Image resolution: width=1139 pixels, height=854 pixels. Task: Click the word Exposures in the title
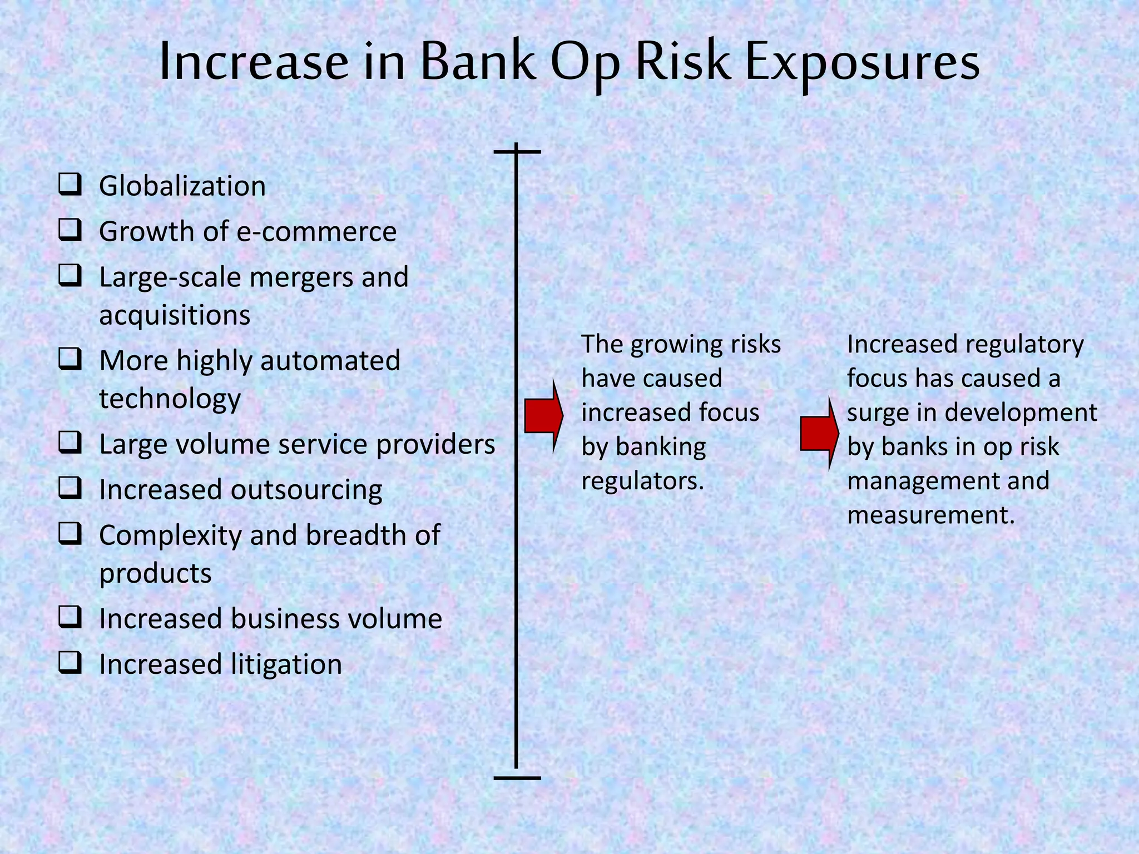(861, 62)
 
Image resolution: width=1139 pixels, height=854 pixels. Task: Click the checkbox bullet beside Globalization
(70, 184)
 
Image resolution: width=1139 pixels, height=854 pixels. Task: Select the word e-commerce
(316, 231)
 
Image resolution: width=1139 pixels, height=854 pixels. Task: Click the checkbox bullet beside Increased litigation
(70, 663)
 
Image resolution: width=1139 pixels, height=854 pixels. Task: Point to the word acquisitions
(175, 316)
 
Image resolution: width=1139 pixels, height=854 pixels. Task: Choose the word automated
(330, 360)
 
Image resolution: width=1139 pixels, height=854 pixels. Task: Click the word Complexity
(170, 536)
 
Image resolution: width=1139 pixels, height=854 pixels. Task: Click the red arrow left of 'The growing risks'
(543, 416)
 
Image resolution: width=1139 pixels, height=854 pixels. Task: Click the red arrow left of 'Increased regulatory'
(819, 433)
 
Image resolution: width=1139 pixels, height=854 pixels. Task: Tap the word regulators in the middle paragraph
(643, 481)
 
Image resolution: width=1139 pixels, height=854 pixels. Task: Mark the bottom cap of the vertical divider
(517, 777)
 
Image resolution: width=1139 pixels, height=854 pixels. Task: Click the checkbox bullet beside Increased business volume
(70, 617)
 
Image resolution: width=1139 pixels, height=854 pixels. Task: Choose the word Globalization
(182, 186)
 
